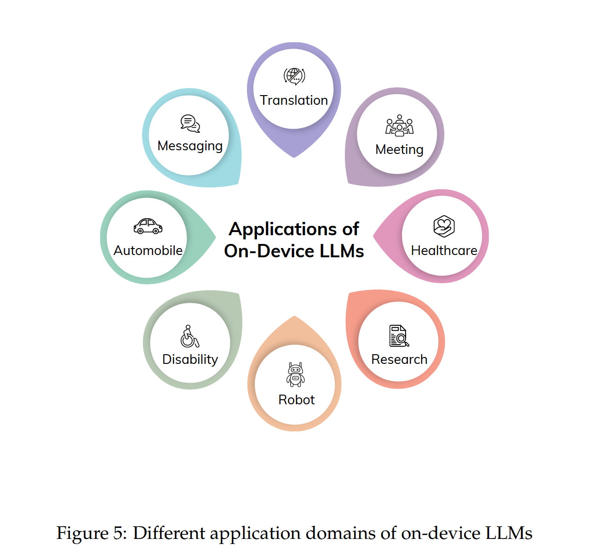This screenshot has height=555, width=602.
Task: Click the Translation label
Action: click(294, 100)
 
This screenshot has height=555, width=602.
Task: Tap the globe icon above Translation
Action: click(294, 76)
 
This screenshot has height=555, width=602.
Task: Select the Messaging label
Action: click(190, 146)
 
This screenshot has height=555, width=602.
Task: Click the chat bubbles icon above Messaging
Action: click(190, 124)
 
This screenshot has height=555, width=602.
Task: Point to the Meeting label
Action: click(399, 150)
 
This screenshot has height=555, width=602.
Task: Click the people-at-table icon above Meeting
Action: click(399, 125)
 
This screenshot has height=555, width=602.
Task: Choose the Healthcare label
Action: click(444, 250)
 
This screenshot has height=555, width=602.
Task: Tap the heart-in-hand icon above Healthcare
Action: click(444, 226)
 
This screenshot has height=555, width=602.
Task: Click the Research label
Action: click(399, 359)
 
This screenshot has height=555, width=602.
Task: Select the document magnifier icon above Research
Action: click(399, 336)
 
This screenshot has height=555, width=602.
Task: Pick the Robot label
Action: click(296, 400)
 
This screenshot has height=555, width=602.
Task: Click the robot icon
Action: click(295, 374)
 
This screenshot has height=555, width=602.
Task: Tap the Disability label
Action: click(190, 359)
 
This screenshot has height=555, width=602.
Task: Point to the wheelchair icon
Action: click(189, 336)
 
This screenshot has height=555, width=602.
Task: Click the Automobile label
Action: click(148, 250)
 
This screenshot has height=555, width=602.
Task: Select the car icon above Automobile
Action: click(148, 226)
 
